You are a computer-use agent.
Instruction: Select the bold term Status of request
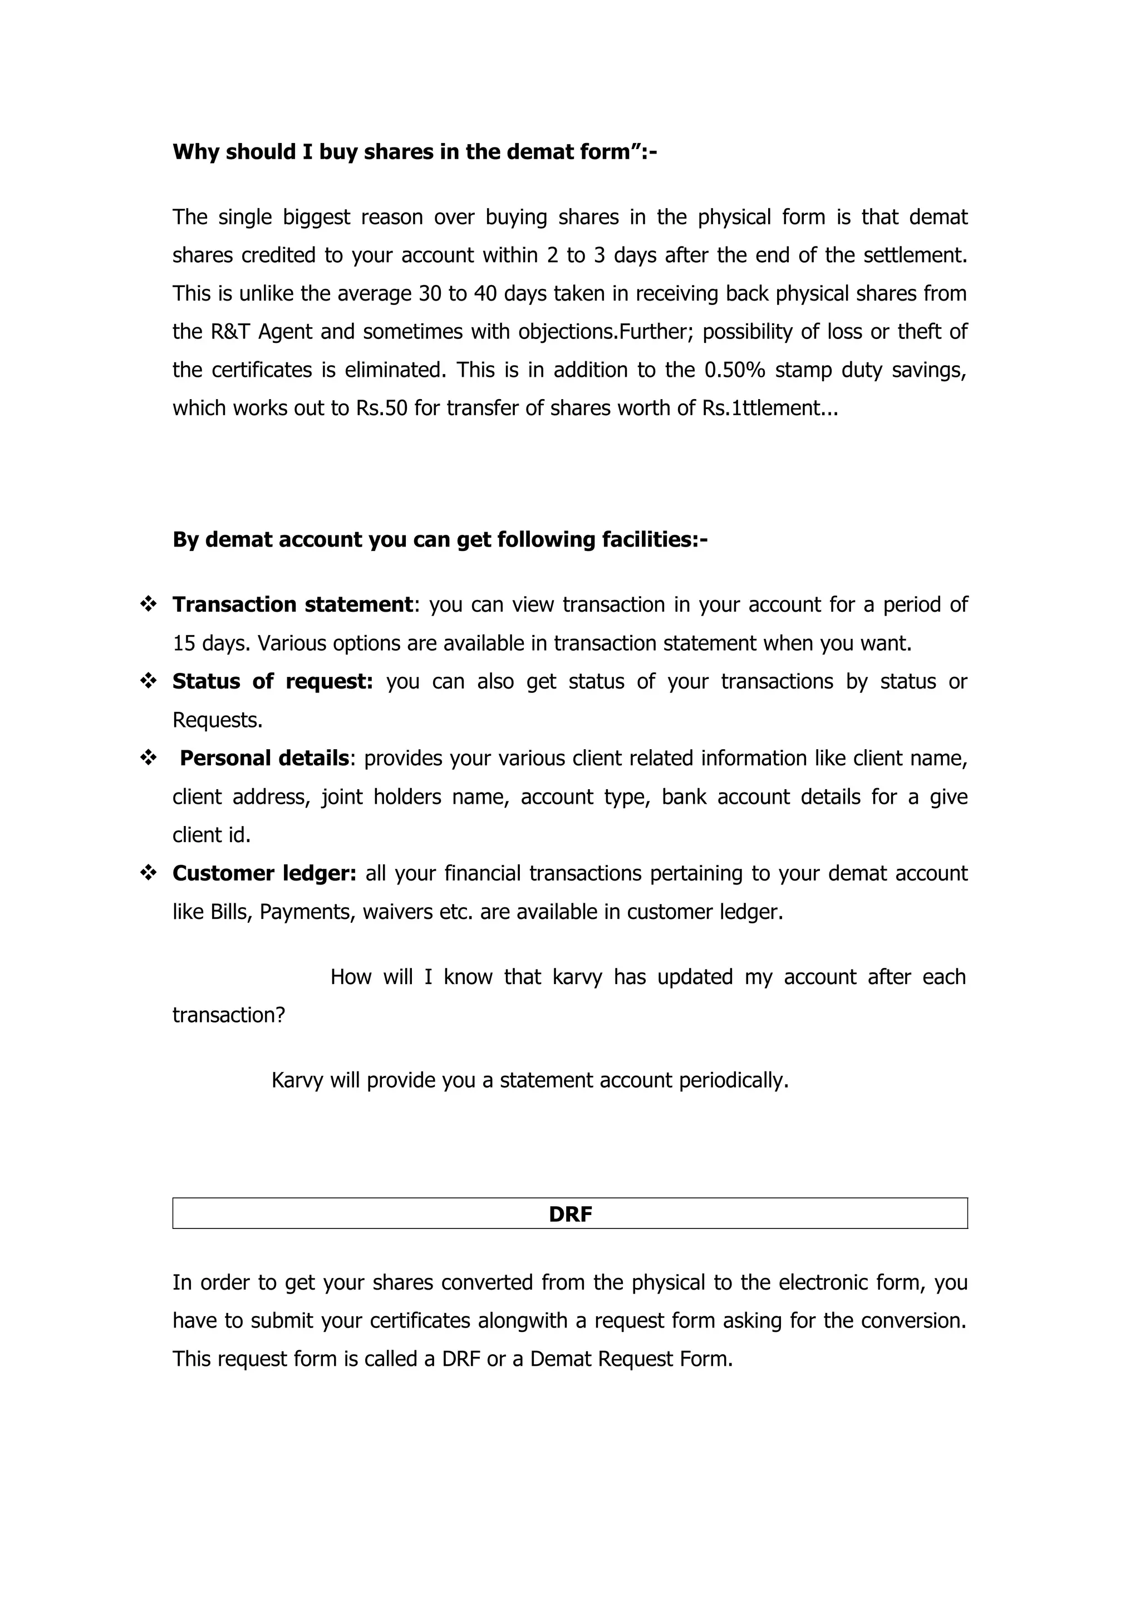[x=273, y=681]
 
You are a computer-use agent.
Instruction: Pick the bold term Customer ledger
[x=264, y=873]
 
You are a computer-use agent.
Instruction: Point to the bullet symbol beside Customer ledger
[x=148, y=873]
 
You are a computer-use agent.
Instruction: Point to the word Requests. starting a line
[x=217, y=720]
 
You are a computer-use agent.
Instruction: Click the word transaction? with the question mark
[x=228, y=1015]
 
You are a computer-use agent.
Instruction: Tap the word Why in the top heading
[x=196, y=153]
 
